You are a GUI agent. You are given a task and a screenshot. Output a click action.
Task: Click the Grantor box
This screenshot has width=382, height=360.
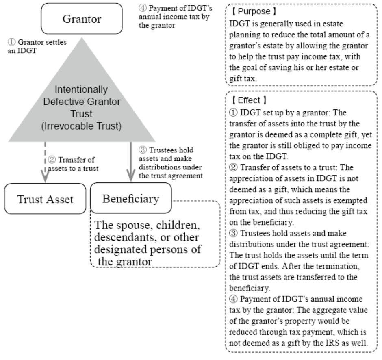point(82,19)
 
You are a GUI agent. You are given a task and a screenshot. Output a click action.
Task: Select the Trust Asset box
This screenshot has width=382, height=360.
point(46,199)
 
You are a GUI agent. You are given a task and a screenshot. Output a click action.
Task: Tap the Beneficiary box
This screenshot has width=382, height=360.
point(131,198)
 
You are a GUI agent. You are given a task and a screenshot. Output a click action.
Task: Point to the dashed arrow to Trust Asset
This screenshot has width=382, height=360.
point(46,162)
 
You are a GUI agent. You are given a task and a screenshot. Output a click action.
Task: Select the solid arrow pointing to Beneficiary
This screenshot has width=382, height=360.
point(131,162)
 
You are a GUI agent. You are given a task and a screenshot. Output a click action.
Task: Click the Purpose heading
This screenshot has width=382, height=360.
point(254,11)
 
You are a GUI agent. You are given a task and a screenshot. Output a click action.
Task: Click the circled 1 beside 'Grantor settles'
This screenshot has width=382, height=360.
point(11,42)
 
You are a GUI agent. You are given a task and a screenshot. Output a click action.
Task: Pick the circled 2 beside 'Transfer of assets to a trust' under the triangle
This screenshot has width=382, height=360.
point(52,160)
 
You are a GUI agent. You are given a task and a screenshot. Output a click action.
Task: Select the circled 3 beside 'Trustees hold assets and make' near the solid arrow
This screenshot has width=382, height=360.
point(143,150)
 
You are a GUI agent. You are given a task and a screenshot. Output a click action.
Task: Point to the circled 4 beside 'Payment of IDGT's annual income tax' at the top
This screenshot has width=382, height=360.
point(143,8)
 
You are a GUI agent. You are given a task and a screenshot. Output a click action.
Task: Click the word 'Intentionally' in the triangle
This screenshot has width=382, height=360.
point(81,90)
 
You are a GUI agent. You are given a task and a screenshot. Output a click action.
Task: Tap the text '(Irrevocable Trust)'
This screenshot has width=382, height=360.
point(81,126)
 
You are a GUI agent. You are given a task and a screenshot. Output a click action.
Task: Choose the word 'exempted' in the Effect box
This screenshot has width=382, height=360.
point(350,200)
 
